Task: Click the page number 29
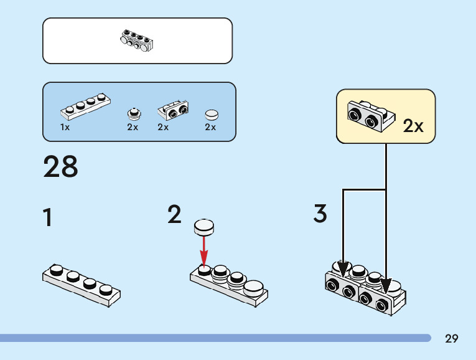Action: [452, 339]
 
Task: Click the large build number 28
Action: [61, 167]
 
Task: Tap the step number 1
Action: [47, 218]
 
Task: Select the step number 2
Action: [175, 214]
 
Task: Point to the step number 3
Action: [320, 214]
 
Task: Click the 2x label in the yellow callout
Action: [413, 126]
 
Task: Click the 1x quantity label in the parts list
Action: [65, 127]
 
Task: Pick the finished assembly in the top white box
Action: [137, 40]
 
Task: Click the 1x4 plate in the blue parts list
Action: [86, 106]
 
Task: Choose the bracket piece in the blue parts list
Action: [174, 110]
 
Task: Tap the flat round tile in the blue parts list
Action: [212, 115]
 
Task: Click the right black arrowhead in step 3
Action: [386, 286]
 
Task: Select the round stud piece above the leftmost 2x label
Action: [133, 113]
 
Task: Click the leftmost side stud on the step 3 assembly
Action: [332, 286]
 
